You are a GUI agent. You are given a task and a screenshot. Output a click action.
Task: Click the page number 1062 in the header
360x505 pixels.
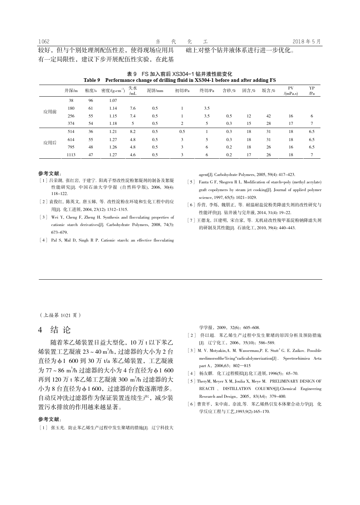44,42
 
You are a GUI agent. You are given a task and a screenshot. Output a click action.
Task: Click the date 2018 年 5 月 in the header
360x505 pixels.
307,42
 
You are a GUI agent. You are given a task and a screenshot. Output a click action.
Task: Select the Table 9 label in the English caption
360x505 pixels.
92,80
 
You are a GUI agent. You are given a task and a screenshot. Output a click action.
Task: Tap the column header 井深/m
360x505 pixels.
71,91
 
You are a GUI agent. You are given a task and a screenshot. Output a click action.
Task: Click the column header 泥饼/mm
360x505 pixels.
155,91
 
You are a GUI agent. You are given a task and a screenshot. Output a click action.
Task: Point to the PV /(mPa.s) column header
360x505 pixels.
290,91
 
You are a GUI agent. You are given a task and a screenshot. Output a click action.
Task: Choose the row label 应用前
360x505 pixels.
50,112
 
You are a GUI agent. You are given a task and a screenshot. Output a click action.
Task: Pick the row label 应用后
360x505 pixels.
50,143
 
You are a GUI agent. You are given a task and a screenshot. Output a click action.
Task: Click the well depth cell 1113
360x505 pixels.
71,155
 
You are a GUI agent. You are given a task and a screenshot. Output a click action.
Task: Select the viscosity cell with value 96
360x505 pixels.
91,101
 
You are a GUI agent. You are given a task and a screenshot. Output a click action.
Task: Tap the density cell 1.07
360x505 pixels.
113,101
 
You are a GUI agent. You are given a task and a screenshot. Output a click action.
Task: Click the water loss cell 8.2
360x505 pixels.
133,132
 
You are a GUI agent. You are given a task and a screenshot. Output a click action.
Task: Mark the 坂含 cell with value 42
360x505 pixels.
269,116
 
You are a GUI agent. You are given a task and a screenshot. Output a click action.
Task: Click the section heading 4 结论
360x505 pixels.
55,330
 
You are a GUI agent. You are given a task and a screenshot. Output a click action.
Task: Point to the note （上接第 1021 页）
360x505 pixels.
60,315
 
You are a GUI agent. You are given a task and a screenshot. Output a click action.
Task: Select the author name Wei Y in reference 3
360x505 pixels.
56,217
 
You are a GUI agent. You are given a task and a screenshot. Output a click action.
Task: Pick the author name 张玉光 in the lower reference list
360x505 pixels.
57,428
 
